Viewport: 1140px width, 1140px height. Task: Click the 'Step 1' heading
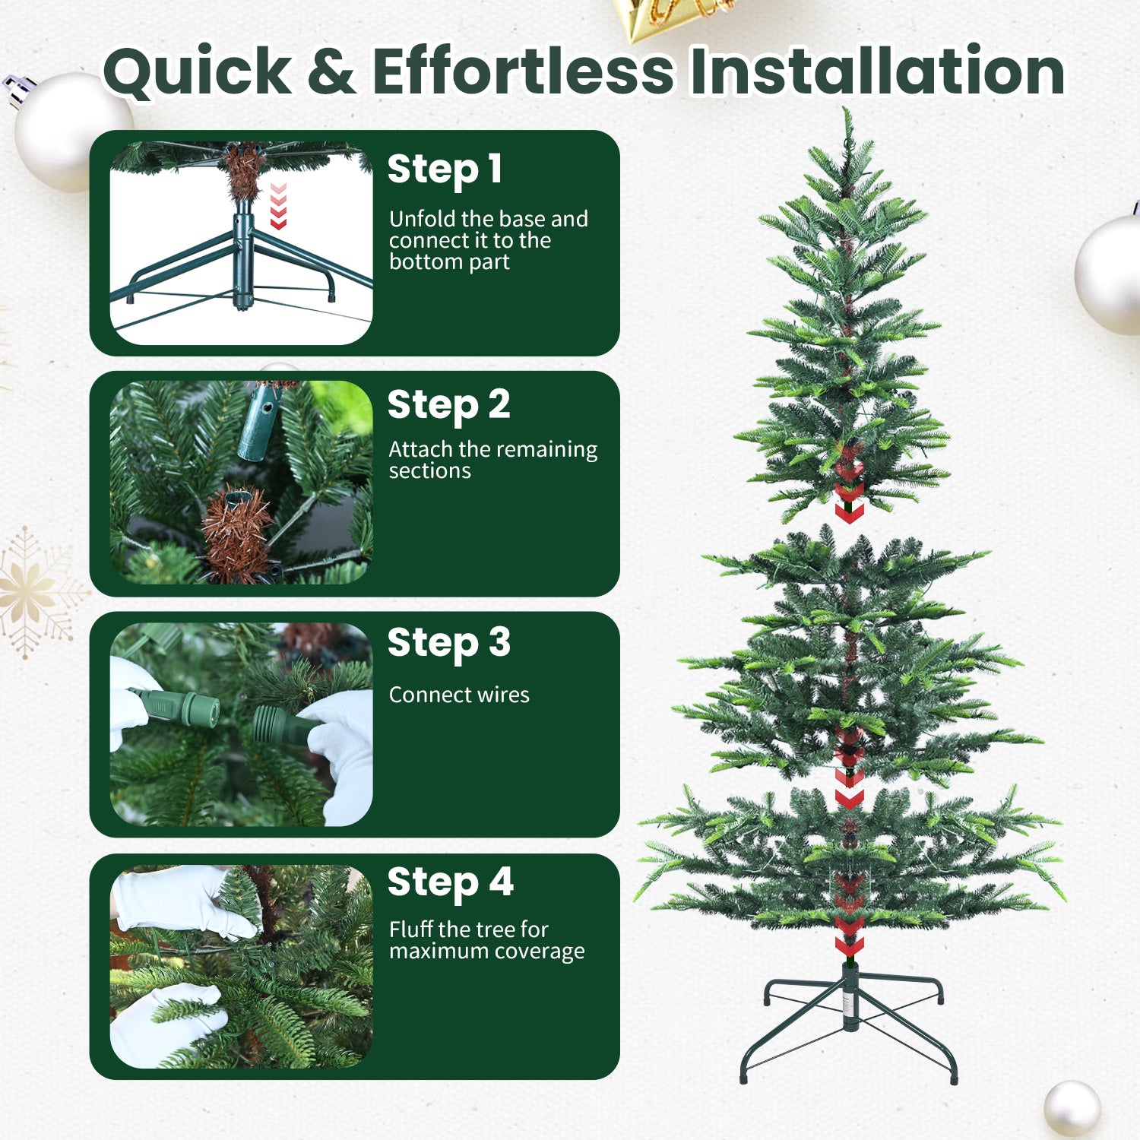tap(445, 169)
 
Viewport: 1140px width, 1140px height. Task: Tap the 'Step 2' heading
tap(448, 405)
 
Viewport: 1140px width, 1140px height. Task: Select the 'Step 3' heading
tap(448, 644)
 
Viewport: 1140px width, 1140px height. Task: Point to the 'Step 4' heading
tap(450, 883)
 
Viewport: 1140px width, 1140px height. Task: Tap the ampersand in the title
tap(331, 72)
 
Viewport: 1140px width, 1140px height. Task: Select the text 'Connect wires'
tap(459, 695)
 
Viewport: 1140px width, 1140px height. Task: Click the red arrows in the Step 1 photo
tap(278, 206)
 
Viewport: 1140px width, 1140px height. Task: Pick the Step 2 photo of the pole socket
tap(241, 482)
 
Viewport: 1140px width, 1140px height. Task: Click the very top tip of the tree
tap(846, 112)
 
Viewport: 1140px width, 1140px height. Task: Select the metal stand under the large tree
tap(849, 1018)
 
